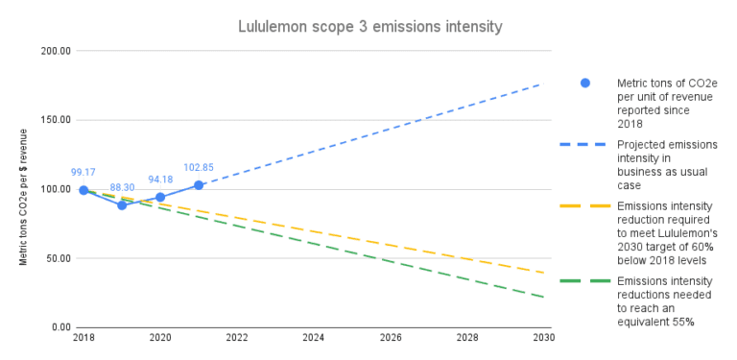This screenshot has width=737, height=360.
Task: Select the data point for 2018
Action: click(x=83, y=190)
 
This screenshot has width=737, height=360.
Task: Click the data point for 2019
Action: click(x=122, y=204)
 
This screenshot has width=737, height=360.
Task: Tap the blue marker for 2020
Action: click(x=160, y=197)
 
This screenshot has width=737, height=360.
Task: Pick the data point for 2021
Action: click(x=199, y=184)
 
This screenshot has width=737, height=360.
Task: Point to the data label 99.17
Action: click(x=83, y=173)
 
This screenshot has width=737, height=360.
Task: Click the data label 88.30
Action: click(x=122, y=187)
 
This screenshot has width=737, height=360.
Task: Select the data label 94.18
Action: click(x=160, y=180)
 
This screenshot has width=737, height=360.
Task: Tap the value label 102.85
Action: click(x=199, y=167)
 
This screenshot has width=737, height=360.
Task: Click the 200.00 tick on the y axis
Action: click(x=55, y=51)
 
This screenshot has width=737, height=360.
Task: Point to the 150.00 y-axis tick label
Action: click(x=55, y=120)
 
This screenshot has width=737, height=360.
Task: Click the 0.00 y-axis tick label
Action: click(x=60, y=327)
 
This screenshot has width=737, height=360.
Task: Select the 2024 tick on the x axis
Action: click(x=314, y=338)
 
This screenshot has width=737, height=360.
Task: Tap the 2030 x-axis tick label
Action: click(x=543, y=338)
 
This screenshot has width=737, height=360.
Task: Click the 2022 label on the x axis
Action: click(x=237, y=338)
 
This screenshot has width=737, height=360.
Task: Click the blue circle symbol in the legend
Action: click(x=584, y=83)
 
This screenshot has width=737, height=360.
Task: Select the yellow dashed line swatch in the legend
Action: click(x=584, y=206)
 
